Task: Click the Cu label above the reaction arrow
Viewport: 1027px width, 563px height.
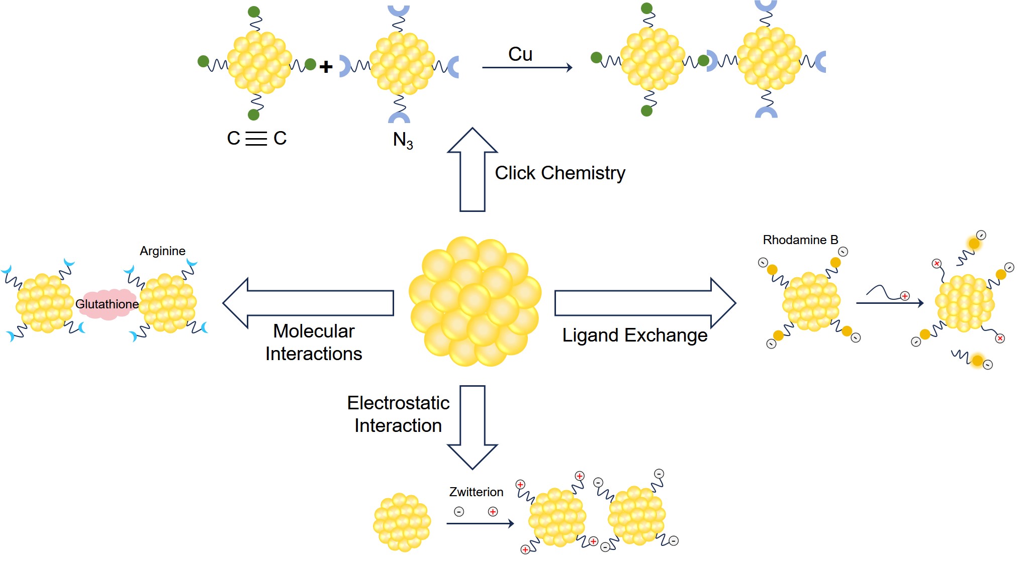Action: [520, 54]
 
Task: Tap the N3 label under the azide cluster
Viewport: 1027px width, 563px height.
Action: [403, 140]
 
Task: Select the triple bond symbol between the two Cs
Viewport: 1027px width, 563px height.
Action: [256, 138]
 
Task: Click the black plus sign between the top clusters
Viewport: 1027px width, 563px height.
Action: [326, 66]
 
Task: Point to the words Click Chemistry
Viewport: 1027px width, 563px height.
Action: [559, 173]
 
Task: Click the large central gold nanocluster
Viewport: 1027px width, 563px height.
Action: [475, 301]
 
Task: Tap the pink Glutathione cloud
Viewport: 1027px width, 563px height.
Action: [107, 304]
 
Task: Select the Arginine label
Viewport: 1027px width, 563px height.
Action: [162, 251]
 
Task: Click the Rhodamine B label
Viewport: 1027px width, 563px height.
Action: [800, 240]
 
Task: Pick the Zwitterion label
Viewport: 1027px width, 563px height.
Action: [476, 492]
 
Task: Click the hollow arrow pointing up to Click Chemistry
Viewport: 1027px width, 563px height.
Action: [472, 171]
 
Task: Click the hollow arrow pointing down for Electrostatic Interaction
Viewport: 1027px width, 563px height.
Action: [472, 427]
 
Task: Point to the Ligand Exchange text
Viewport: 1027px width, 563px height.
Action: [634, 335]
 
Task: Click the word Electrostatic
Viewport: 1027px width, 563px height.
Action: [398, 403]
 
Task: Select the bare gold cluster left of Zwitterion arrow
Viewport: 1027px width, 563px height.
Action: [402, 522]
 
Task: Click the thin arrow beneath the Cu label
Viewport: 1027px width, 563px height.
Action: [527, 67]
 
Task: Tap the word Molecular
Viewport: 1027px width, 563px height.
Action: [314, 331]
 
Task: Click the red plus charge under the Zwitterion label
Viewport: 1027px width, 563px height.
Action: [493, 511]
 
